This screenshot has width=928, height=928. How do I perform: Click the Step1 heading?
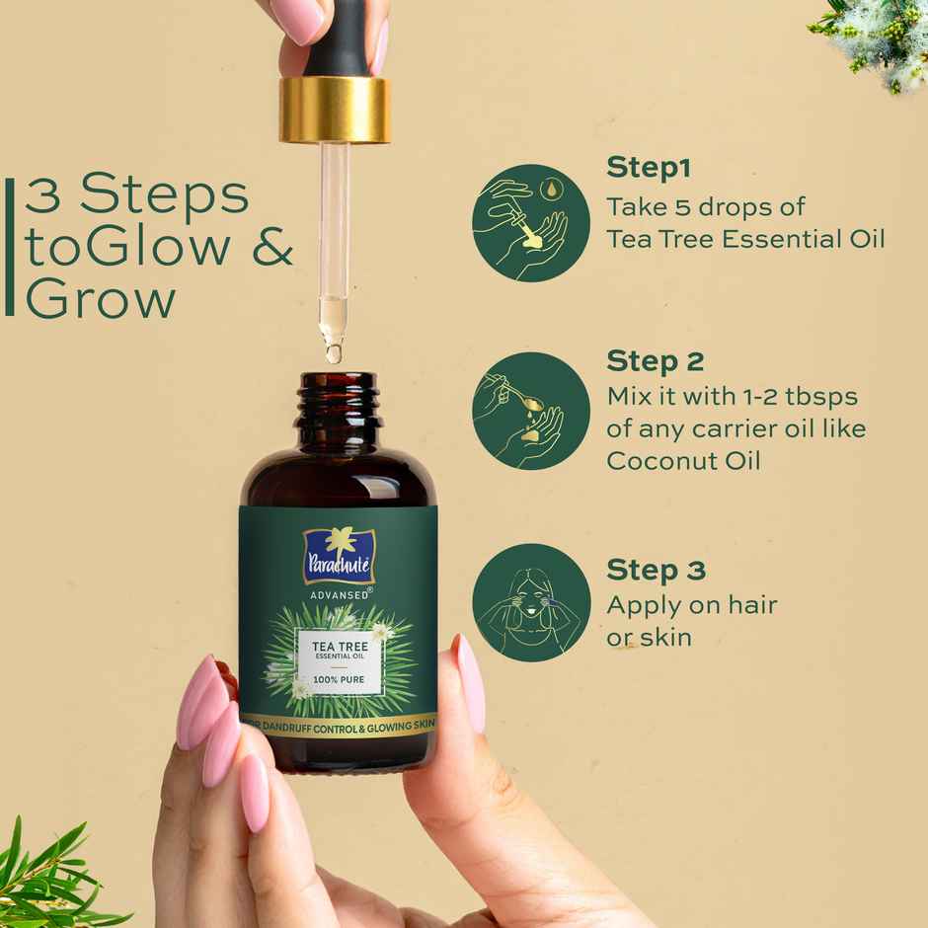click(x=648, y=167)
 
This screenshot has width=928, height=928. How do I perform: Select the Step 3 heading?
click(x=656, y=570)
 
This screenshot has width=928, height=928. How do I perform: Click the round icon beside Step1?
click(x=530, y=223)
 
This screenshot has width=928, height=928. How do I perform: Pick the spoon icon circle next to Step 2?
click(x=530, y=411)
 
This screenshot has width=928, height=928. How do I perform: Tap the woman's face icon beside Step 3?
click(x=530, y=602)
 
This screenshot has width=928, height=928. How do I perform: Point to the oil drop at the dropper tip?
click(x=334, y=350)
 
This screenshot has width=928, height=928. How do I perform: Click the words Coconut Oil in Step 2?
click(x=683, y=461)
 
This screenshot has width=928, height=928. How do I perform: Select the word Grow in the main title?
click(x=101, y=297)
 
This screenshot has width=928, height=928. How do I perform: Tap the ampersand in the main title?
click(x=272, y=247)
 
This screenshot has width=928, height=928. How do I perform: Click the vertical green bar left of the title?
click(x=10, y=247)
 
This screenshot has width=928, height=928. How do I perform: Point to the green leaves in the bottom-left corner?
click(x=49, y=879)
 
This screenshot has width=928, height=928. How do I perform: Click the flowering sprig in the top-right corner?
click(x=874, y=39)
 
